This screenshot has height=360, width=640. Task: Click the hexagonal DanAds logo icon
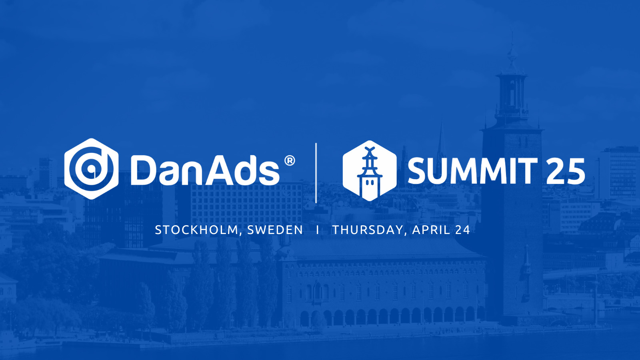(x=91, y=169)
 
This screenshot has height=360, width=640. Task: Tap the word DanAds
(x=205, y=171)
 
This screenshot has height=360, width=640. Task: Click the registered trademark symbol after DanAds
(x=290, y=161)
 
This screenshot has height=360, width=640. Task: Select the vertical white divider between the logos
(x=316, y=173)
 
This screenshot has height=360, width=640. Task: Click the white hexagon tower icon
(x=370, y=171)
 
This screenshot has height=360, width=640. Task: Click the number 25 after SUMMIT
(x=566, y=171)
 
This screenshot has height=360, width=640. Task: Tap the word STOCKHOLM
(x=196, y=230)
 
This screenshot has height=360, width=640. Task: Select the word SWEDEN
(x=275, y=230)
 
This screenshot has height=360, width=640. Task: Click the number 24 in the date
(x=462, y=230)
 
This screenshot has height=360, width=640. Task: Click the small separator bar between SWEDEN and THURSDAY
(x=318, y=230)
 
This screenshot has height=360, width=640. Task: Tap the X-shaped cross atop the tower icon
(x=370, y=151)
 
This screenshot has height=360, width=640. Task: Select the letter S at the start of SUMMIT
(x=418, y=171)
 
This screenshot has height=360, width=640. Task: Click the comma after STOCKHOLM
(x=241, y=234)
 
